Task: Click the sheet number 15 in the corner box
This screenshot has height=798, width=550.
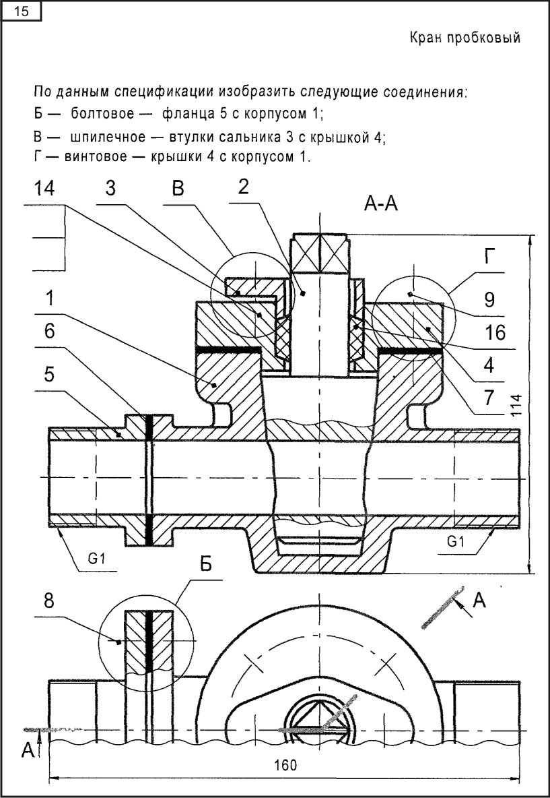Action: (21, 11)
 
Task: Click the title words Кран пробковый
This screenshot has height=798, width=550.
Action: (465, 38)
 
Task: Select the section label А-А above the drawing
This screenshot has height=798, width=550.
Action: (381, 205)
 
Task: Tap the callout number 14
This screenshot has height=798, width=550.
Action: (44, 188)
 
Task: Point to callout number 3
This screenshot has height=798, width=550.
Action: (110, 188)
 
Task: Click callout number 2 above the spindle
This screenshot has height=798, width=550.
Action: (244, 188)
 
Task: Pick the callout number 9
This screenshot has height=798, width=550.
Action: (489, 301)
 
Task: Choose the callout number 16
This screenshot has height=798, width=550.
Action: (495, 333)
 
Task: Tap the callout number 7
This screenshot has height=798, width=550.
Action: (489, 398)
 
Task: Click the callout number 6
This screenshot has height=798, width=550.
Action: (49, 332)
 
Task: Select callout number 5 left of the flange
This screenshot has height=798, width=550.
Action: (49, 375)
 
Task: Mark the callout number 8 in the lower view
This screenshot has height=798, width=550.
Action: (48, 602)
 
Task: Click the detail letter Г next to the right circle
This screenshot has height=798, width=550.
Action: (489, 258)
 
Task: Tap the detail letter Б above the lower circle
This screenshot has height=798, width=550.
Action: (205, 564)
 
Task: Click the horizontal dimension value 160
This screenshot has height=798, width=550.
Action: (285, 765)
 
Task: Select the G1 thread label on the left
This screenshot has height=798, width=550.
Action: (96, 559)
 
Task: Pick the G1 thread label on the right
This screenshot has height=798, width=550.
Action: (456, 543)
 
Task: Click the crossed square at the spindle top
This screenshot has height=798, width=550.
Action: (319, 255)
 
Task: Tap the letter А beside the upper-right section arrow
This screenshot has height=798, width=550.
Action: (479, 601)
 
